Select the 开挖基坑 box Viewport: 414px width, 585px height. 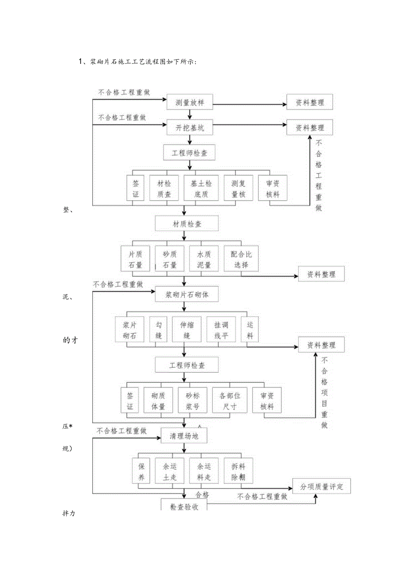coord(189,128)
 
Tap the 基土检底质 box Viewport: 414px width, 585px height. coord(201,188)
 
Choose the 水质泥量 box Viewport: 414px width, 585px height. coord(203,259)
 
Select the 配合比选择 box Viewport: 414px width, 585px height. coord(241,259)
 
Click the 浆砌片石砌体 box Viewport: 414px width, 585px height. coord(187,295)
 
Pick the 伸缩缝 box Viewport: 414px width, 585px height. coord(187,330)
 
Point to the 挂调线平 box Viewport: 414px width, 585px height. coord(221,330)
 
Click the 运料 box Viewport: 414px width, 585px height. coord(250,330)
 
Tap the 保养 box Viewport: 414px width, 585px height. coord(141,471)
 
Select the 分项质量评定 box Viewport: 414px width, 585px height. coord(321,486)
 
